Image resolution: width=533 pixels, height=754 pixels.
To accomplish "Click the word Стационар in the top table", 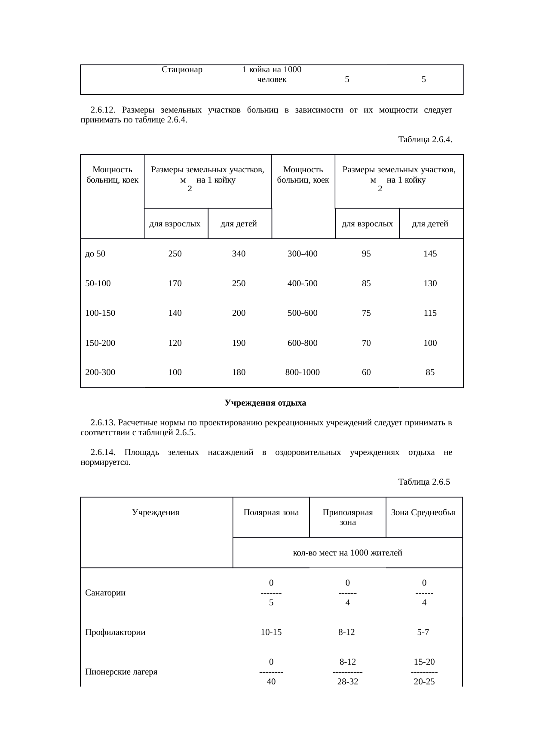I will point(182,70).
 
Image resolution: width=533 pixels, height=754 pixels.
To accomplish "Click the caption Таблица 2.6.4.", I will point(425,140).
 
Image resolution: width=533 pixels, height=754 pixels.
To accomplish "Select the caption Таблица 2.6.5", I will point(424,482).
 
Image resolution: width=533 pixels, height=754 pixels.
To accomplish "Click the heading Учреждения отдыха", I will point(265,403).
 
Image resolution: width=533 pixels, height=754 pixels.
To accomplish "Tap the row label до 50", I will point(95,253).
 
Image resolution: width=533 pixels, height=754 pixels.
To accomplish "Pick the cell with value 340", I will point(239,253).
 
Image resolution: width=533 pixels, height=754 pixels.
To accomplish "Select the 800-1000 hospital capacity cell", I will point(302,372).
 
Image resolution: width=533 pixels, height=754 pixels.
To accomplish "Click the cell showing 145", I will point(430,253).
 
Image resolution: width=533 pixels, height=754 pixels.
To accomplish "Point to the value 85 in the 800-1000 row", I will point(430,372).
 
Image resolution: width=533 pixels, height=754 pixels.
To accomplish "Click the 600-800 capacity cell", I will point(302,343).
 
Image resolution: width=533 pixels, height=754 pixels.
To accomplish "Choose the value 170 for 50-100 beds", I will point(175,283).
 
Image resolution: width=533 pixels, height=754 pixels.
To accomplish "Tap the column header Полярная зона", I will point(271,512).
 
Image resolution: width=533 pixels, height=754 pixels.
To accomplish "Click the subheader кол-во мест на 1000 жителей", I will point(347,553).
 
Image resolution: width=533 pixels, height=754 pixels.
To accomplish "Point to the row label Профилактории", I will point(115,632).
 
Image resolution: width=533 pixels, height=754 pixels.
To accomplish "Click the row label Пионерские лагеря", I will point(121,672).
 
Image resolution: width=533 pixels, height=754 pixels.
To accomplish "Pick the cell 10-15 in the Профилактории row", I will point(271,632).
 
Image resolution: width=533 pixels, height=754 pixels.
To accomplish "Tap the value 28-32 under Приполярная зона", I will point(347,681).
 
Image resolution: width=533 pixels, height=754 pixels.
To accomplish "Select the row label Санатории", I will point(105,593).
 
